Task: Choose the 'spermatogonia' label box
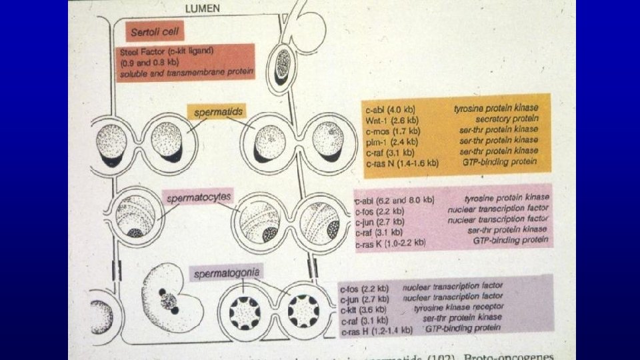[x=226, y=271]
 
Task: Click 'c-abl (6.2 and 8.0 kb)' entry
[x=395, y=199]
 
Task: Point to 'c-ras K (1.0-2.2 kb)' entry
[x=391, y=243]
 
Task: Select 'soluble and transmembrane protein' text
[x=187, y=73]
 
